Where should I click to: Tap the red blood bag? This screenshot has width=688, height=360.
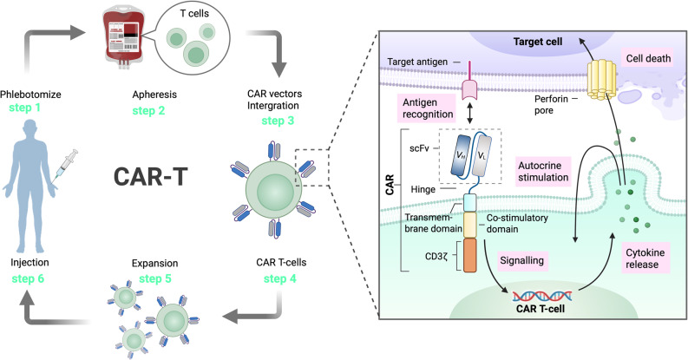click(121, 35)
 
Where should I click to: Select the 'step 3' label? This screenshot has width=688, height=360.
click(278, 121)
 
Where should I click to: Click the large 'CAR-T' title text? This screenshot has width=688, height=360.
click(150, 177)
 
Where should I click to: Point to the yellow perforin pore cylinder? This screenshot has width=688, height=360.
click(602, 79)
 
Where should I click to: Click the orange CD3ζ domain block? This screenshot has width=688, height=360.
click(470, 255)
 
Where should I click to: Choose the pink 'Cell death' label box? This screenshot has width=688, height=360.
click(648, 58)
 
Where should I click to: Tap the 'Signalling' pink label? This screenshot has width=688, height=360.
click(521, 260)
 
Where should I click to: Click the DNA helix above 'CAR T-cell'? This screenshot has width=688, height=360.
click(542, 296)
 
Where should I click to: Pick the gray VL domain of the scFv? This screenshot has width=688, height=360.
click(481, 155)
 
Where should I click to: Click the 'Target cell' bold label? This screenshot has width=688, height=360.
click(538, 42)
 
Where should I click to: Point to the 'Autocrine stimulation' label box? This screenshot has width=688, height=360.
click(543, 172)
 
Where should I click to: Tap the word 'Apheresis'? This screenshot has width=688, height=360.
click(154, 95)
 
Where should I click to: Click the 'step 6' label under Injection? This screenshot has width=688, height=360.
click(28, 278)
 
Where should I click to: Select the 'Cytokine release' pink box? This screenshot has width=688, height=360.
click(645, 259)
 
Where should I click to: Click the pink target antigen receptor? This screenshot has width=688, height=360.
click(470, 82)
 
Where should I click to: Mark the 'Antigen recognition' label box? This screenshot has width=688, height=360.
click(428, 108)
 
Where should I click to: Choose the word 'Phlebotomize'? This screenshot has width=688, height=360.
click(30, 95)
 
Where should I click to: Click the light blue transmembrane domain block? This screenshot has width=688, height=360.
click(470, 203)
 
